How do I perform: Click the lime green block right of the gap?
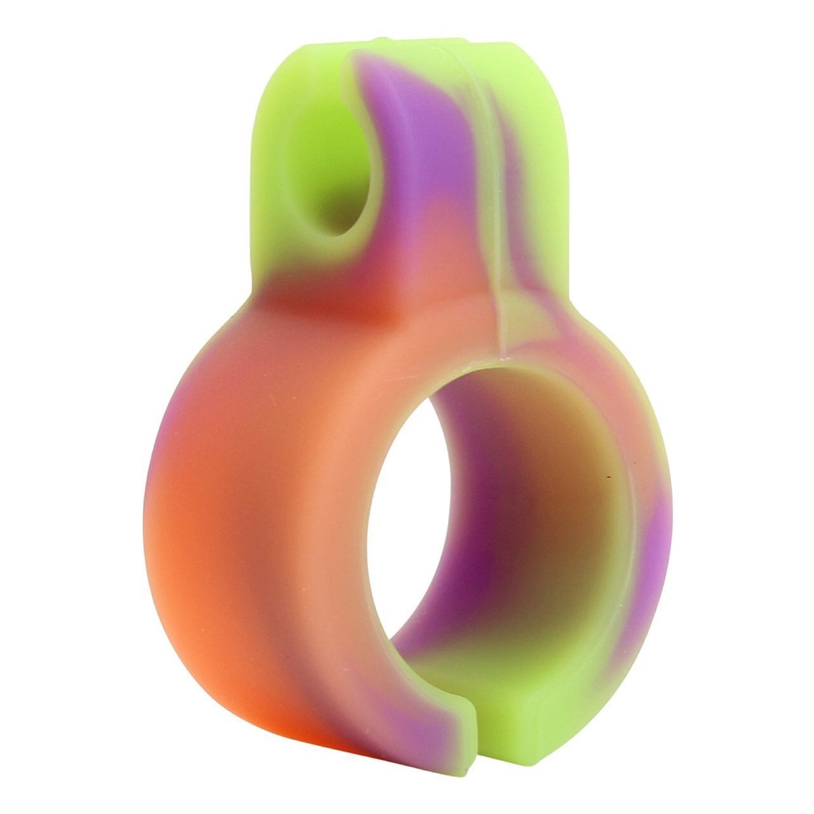pos(541,719)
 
